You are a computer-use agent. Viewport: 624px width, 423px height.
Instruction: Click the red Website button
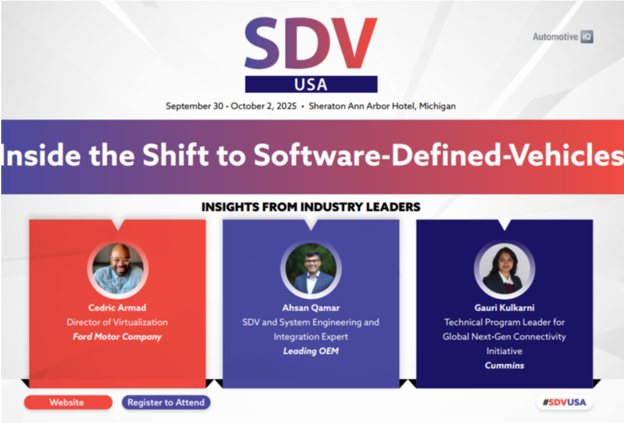click(x=68, y=402)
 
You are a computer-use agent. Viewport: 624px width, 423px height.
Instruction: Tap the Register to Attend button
click(x=166, y=402)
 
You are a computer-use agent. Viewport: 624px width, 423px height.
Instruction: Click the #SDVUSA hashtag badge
click(x=564, y=402)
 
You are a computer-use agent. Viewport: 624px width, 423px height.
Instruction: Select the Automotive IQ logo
click(x=563, y=36)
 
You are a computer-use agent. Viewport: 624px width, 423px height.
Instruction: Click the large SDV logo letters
click(x=311, y=43)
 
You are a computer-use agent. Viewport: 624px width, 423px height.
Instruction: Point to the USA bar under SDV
click(x=311, y=84)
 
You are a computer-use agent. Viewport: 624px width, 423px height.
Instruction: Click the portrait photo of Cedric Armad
click(x=118, y=269)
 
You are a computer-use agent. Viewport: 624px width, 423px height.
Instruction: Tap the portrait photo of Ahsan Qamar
click(x=311, y=269)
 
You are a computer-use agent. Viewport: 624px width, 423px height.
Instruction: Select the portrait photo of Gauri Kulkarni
click(x=504, y=269)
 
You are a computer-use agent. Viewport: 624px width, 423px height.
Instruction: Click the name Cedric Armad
click(x=117, y=308)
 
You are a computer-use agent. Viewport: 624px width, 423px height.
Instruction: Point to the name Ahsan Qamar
click(x=311, y=308)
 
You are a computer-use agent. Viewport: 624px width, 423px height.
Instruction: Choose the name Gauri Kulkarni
click(x=504, y=308)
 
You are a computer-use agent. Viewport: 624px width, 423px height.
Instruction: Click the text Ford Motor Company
click(x=117, y=337)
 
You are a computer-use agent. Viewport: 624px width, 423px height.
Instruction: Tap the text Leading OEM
click(x=311, y=351)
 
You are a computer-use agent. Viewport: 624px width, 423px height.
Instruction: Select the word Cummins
click(x=504, y=365)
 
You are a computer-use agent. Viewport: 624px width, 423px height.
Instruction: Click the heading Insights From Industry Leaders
click(x=311, y=207)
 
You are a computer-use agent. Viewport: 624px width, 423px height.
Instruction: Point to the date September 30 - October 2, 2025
click(x=231, y=106)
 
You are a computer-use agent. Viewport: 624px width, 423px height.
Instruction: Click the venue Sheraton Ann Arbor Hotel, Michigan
click(x=382, y=106)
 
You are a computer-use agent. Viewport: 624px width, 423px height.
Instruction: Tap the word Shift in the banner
click(x=176, y=154)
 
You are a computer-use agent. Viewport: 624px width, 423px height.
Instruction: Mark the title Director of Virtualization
click(x=117, y=322)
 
